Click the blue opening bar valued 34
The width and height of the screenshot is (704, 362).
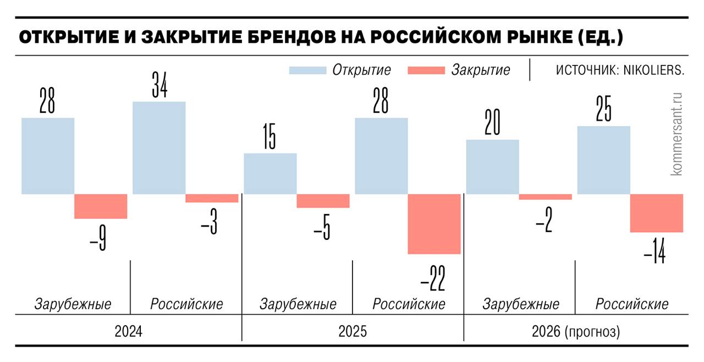159,147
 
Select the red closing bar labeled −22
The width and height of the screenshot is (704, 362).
434,224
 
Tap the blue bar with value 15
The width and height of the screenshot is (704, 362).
270,173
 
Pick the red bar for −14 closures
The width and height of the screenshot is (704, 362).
656,213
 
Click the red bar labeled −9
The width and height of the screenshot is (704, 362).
101,206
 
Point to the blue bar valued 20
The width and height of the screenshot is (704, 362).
492,167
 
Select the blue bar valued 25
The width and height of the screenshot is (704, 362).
603,160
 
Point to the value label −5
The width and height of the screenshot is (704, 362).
322,228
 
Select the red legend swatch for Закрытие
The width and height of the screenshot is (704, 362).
425,70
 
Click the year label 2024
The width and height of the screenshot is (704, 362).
128,332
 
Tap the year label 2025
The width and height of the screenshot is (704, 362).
352,332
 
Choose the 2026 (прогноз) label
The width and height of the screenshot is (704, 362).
575,332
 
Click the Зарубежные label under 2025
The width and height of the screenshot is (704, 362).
298,304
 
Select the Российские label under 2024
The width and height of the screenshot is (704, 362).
187,304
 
